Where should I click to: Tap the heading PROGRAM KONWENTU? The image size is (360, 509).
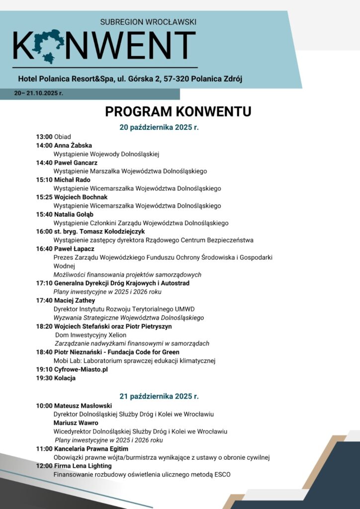[x=178, y=111]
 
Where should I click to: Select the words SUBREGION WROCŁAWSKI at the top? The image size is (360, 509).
[x=148, y=22]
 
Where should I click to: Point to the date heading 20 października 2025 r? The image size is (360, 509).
[x=159, y=127]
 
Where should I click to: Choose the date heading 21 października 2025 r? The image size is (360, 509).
[x=159, y=396]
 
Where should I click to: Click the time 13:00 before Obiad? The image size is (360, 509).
[x=44, y=137]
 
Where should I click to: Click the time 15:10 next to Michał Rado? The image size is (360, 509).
[x=44, y=180]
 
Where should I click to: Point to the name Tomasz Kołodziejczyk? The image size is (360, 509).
[x=109, y=232]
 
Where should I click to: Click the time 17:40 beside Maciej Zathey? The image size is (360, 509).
[x=44, y=300]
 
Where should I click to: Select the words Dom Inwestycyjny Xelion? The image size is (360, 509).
[x=90, y=335]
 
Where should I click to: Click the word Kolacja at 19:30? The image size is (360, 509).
[x=65, y=378]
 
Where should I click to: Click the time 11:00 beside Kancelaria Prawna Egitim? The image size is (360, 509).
[x=44, y=449]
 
